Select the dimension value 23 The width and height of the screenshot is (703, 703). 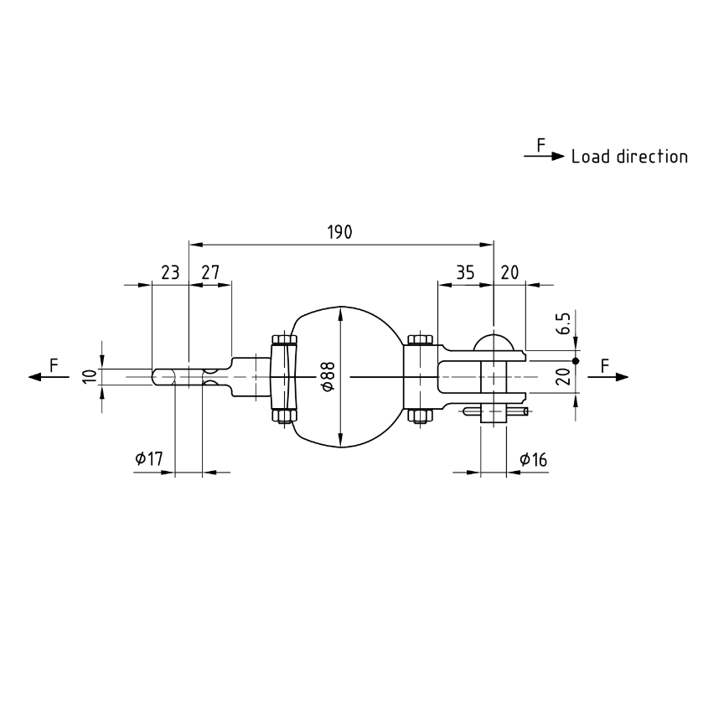point(170,272)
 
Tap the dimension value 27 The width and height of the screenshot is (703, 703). point(210,272)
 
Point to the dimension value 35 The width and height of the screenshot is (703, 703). point(465,272)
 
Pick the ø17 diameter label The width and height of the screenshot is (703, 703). point(148,458)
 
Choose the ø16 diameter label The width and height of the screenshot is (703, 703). point(534,458)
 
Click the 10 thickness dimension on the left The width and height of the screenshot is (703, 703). point(89,376)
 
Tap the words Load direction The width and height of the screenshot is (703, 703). point(629,157)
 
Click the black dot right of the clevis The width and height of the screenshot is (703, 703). point(576,360)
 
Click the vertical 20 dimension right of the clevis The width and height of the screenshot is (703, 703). point(563,376)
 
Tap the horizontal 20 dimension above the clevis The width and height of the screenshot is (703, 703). point(509,272)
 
